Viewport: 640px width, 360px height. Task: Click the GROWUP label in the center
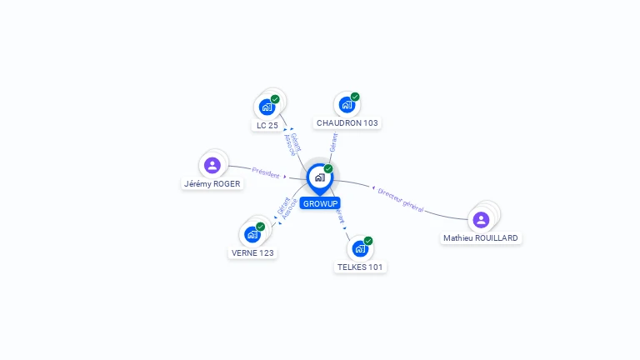click(x=320, y=203)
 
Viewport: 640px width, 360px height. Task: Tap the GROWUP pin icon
click(x=319, y=177)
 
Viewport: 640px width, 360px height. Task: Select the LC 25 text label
click(x=267, y=125)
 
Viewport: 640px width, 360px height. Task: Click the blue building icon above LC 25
click(x=267, y=107)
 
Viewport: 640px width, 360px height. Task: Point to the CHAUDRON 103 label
click(x=347, y=122)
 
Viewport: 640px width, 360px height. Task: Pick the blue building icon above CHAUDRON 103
click(x=347, y=105)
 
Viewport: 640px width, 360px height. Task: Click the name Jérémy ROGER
click(x=212, y=184)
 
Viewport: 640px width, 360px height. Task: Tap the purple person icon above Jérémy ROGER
click(x=212, y=165)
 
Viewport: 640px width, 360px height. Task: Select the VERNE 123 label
click(x=252, y=252)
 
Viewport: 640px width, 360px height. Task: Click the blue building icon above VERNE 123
click(x=252, y=234)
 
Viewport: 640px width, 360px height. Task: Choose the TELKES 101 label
click(x=362, y=267)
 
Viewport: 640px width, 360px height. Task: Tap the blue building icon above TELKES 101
click(x=360, y=248)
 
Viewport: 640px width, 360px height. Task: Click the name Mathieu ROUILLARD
click(x=481, y=237)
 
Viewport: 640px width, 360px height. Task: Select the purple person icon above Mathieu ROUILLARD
click(x=481, y=219)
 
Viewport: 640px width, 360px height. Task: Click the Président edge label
click(x=266, y=172)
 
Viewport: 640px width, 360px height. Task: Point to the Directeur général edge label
click(x=401, y=200)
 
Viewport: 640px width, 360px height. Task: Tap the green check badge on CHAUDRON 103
click(x=355, y=97)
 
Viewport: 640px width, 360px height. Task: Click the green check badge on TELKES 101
click(x=368, y=241)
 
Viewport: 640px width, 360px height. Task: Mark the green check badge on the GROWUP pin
click(x=328, y=169)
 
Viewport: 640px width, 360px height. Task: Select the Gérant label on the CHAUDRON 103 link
click(x=333, y=142)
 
